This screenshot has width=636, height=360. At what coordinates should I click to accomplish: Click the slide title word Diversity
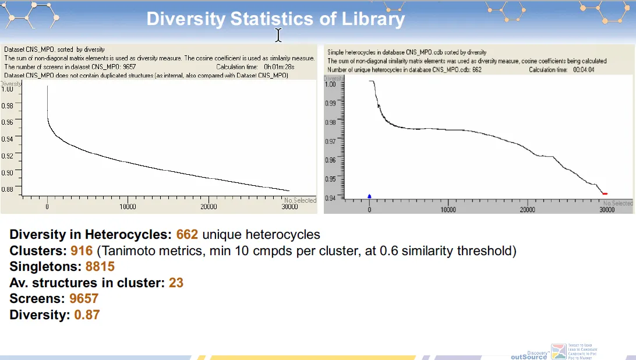[185, 19]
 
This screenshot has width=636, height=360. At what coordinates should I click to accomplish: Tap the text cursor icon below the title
[278, 36]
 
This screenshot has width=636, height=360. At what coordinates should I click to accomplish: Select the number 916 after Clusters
[82, 251]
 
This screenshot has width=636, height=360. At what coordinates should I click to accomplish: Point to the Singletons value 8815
[100, 267]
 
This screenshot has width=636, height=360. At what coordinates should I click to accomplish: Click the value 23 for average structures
[175, 283]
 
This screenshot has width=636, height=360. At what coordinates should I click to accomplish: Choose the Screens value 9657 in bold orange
[84, 299]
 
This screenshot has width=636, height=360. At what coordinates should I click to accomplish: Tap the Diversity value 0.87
[87, 315]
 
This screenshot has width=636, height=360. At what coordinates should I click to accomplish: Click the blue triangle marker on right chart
[369, 196]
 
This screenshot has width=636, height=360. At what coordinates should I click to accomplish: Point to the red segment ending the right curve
[605, 193]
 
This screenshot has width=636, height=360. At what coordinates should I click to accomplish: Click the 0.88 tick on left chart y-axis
[8, 189]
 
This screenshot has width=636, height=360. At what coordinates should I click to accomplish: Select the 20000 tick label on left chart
[209, 207]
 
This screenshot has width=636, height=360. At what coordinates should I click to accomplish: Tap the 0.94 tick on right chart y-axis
[330, 198]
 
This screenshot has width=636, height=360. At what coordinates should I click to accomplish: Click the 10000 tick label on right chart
[448, 209]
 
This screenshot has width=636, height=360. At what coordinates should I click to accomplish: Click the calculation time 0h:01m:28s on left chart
[279, 66]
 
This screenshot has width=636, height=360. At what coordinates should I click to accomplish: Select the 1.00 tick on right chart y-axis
[330, 84]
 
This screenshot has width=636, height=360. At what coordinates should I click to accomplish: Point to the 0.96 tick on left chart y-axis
[8, 122]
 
